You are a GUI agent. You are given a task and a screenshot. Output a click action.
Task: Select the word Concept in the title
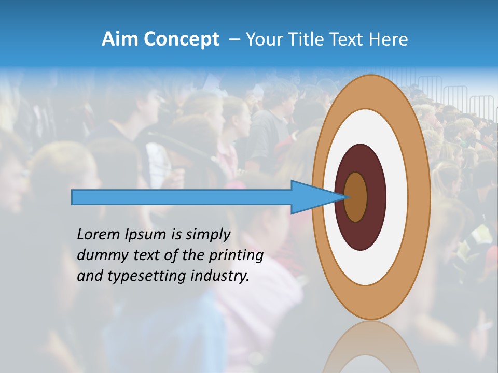pos(182,39)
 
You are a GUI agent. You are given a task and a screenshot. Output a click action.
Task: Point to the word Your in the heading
pos(265,39)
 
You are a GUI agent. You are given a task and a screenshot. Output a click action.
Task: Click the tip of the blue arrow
pos(347,197)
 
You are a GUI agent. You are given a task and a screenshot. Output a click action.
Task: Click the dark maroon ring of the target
pos(376,197)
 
